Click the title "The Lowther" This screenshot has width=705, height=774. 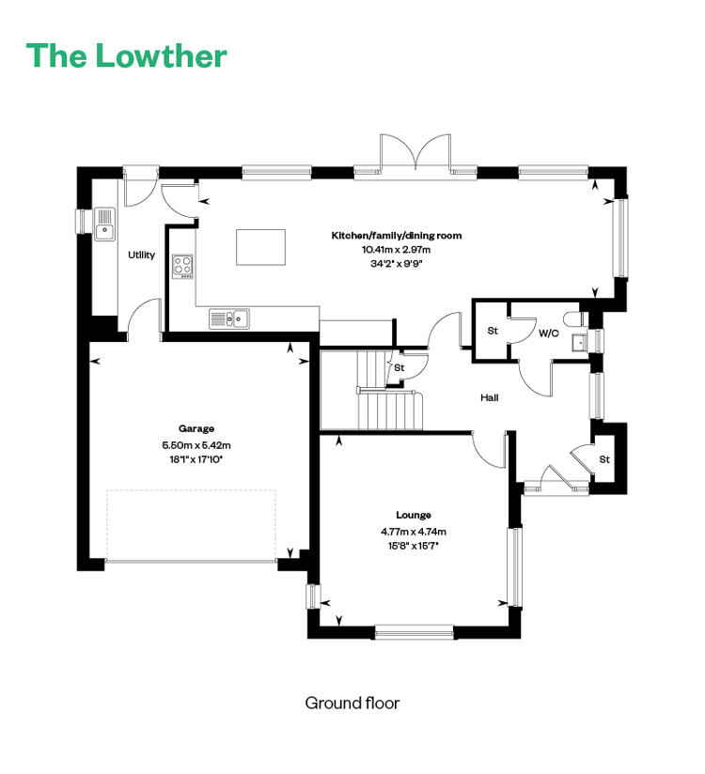(x=127, y=55)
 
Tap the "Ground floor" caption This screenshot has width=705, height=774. (x=352, y=703)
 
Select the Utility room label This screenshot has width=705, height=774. (x=141, y=255)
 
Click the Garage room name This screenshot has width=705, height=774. (x=196, y=428)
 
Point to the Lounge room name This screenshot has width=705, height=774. (x=414, y=515)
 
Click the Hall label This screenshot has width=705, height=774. (x=490, y=397)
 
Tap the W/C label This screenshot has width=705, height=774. (x=548, y=333)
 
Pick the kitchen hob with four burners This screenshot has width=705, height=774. (x=182, y=267)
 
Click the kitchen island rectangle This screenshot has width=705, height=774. (x=261, y=247)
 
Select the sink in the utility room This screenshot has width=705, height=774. (x=104, y=224)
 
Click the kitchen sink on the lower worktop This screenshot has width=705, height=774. (x=229, y=318)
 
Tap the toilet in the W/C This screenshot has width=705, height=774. (x=574, y=318)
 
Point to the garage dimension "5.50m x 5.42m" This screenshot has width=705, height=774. (x=196, y=444)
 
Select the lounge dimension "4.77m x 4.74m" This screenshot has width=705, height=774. (x=414, y=532)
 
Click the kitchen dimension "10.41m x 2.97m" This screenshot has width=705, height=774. (x=397, y=249)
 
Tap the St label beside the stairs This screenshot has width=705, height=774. (x=399, y=368)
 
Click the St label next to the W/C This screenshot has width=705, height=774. (x=493, y=331)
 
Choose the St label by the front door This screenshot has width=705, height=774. (x=604, y=459)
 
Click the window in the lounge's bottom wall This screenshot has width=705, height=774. (x=414, y=632)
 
